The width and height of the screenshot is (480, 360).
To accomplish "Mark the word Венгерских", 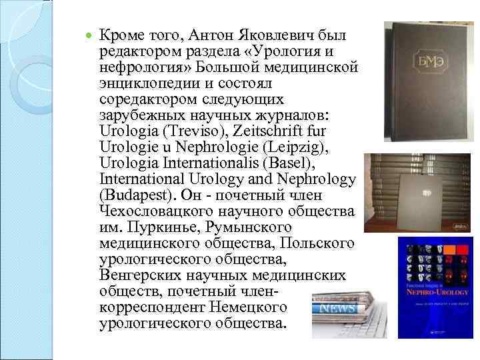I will click(141, 275).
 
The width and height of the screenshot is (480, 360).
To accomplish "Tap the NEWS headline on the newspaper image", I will click(341, 309).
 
